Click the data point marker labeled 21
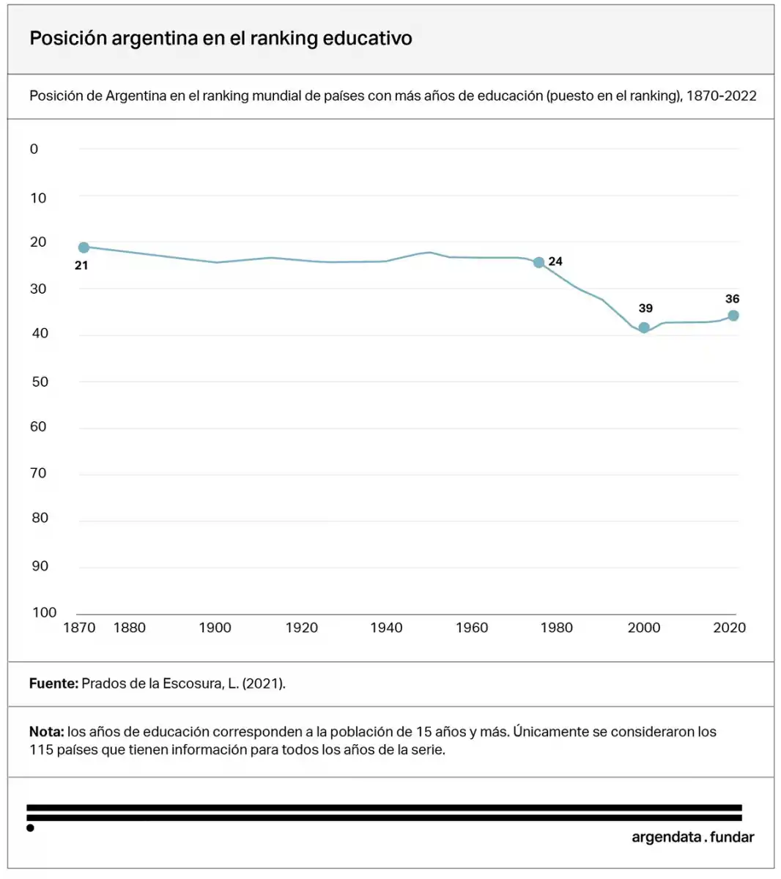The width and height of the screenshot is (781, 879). pos(84,248)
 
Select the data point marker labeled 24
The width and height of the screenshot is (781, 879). pos(538,262)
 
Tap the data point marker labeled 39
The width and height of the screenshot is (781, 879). pos(644,327)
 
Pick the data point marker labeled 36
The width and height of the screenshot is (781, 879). pos(733,316)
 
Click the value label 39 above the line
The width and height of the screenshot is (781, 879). pos(645,308)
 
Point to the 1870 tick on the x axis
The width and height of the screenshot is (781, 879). pos(79,628)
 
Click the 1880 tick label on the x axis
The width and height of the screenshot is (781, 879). pos(129,628)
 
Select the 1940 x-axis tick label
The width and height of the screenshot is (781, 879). pos(386,628)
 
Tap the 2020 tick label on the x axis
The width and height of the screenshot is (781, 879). pos(729,628)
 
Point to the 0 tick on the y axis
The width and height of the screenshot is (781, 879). pos(34,149)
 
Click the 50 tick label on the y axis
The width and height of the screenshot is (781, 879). pos(39,382)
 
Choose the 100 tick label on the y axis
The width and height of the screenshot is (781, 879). pos(44,612)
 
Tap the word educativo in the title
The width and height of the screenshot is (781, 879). pos(367,38)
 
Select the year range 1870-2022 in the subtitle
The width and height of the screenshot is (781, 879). pos(721,96)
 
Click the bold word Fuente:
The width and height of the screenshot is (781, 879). pos(53,683)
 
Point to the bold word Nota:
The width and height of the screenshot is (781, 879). pos(47,732)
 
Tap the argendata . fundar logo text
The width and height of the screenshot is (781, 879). pos(692,837)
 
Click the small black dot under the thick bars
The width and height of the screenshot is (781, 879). pos(30,828)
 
